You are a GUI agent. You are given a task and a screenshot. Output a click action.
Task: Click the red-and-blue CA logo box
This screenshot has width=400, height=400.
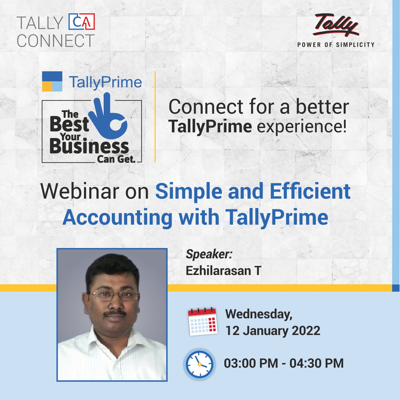point(82,22)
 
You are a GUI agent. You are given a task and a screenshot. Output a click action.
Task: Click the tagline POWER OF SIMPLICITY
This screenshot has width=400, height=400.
point(336,45)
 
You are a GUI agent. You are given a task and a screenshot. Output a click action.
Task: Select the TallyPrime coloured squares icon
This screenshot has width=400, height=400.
point(52,81)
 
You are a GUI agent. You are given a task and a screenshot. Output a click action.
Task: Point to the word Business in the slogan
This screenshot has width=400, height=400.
point(89,147)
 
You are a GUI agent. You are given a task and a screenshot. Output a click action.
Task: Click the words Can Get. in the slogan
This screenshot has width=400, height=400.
point(116,159)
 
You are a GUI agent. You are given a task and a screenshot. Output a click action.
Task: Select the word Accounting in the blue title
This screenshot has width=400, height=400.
point(117,217)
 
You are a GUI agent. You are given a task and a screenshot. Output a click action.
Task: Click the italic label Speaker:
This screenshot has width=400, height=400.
point(209,254)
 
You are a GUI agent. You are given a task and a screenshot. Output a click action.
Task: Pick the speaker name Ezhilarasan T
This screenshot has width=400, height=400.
point(223,271)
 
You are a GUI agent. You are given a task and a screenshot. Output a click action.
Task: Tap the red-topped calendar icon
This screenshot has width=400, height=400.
point(203,321)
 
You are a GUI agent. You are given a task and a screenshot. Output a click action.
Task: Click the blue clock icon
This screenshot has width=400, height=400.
point(199,364)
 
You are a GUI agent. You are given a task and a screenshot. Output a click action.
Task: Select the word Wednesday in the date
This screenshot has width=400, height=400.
point(259,314)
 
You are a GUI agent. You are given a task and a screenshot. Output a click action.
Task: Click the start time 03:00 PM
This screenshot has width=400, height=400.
point(251,363)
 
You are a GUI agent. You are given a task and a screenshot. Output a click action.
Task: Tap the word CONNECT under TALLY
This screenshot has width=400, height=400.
point(56,41)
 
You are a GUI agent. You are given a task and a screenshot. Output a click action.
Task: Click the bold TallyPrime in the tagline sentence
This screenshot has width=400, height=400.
point(210,127)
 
